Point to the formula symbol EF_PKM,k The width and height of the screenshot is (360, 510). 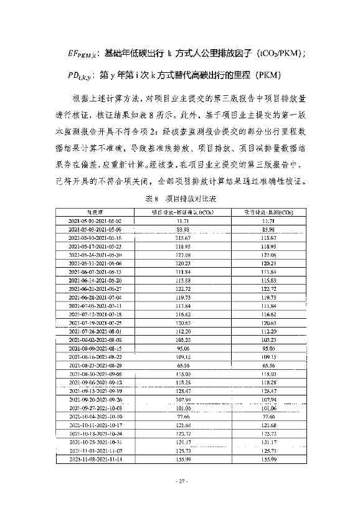(85, 53)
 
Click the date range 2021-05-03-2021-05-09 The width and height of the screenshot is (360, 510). (95, 229)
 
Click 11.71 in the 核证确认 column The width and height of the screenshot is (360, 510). (182, 221)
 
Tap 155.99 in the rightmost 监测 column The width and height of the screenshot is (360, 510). (268, 458)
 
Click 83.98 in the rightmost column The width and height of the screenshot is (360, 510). (268, 229)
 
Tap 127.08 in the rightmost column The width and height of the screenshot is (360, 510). (268, 255)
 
